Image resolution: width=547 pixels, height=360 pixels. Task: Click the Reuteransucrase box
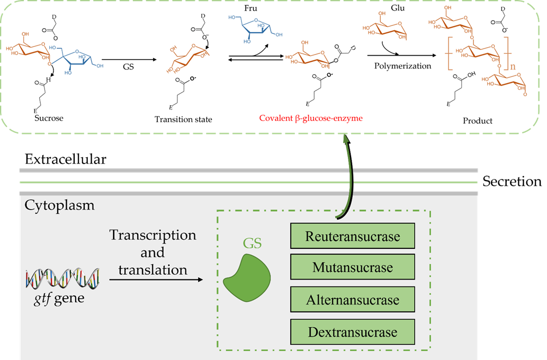(353, 236)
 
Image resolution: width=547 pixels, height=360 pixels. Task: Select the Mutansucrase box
(353, 268)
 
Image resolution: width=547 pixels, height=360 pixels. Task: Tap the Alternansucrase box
(353, 300)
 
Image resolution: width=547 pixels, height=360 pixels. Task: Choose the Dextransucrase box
(353, 332)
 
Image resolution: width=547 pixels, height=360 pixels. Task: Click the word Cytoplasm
(59, 205)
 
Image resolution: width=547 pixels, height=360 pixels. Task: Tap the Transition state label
(183, 120)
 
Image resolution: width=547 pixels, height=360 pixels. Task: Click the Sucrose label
(48, 118)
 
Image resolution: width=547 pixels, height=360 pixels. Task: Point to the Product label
(477, 121)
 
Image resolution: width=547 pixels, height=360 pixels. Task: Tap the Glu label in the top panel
(397, 9)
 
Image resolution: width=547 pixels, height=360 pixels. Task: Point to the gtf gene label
(58, 298)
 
